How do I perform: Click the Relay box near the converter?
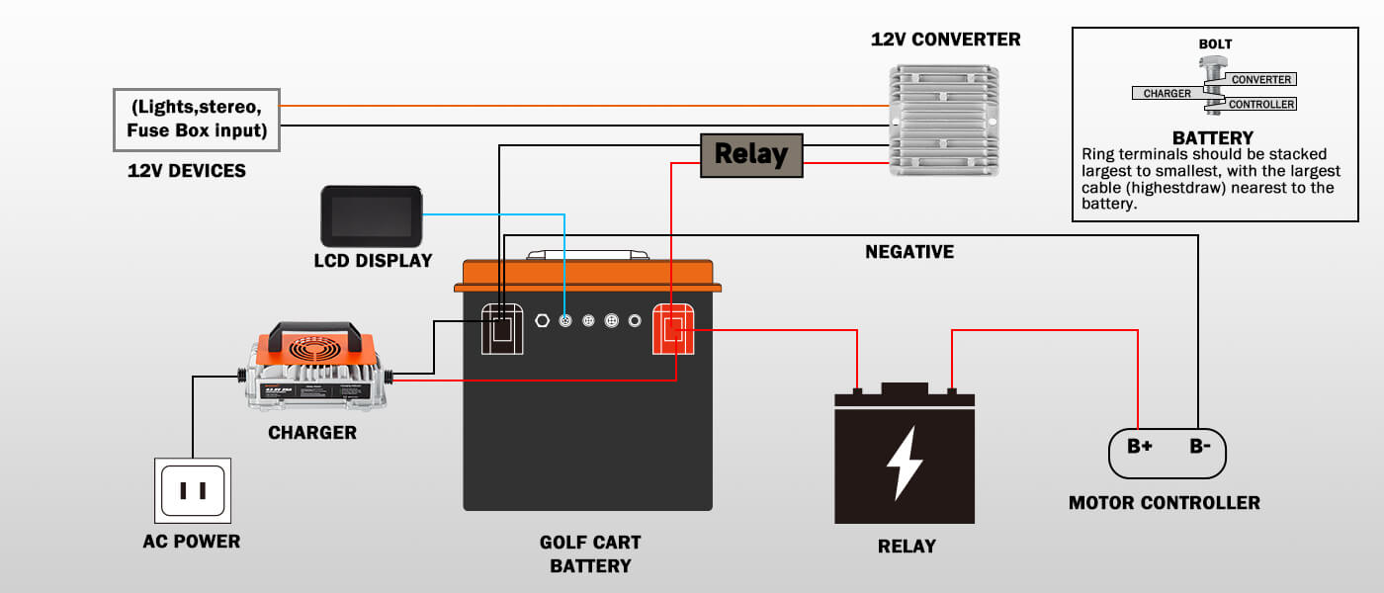751,154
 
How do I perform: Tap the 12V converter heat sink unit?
944,121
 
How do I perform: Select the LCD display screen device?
371,216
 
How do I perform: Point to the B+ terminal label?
1140,446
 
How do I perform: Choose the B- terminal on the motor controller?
1199,446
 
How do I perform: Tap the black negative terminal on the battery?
502,329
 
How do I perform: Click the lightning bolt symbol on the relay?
904,463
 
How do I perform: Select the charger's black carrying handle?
312,330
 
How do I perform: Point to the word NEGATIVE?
909,252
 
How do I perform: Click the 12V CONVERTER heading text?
945,40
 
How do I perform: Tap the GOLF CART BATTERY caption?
590,553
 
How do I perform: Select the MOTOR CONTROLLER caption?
1165,503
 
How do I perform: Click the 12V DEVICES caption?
187,171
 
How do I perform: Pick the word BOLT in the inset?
1215,44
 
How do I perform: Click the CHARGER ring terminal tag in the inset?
1168,93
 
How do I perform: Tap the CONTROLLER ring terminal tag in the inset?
1260,104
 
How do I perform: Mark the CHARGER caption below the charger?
312,433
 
